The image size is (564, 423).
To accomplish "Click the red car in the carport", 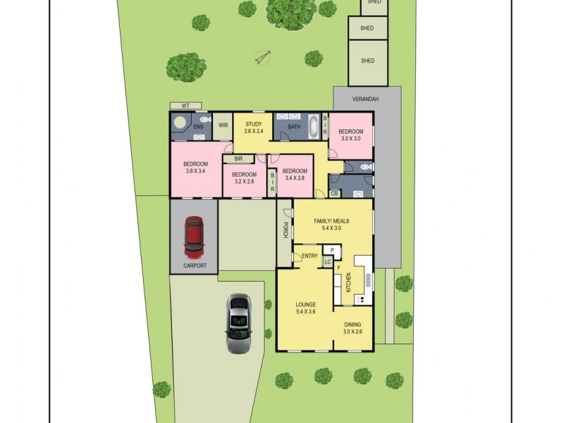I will (194, 238).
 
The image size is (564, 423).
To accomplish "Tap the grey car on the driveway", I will (239, 322).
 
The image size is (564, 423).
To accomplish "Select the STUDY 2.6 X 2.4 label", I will (253, 128).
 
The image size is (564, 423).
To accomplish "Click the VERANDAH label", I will (366, 99).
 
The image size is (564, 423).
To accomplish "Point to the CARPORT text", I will (195, 266).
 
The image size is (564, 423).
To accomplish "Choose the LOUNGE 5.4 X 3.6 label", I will (305, 308).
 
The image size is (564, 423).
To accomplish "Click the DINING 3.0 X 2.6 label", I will (352, 328).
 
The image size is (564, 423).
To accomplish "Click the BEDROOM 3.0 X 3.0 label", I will (350, 135).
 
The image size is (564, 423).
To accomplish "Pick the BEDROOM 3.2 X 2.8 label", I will (243, 178).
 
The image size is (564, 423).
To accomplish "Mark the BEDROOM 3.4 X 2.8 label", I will (295, 174).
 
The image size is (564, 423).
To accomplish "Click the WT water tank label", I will (186, 106).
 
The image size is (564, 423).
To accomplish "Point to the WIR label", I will (223, 125).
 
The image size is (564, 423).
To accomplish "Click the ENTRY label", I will (309, 255).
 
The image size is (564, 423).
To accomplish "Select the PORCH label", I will (286, 230).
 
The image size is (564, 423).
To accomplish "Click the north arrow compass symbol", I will (263, 56).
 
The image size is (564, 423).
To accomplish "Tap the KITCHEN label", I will (348, 283).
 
